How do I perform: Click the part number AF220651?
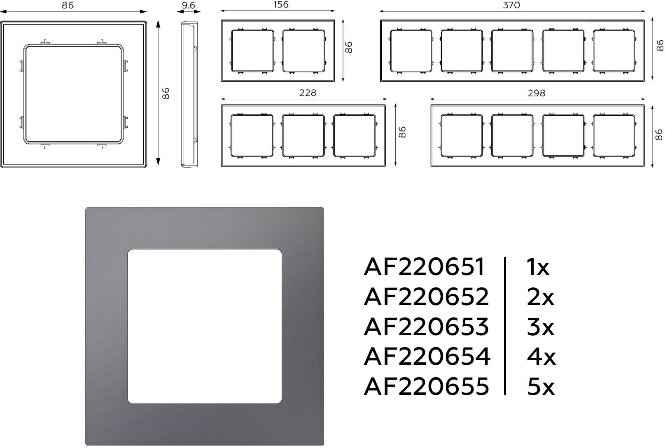(424, 266)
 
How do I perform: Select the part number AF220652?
(426, 296)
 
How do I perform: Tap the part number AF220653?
(426, 326)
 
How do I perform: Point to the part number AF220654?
(427, 356)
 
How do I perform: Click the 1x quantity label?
(538, 266)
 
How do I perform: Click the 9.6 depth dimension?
(189, 5)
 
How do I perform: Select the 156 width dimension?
(280, 5)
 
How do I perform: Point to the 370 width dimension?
(511, 5)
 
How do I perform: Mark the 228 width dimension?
(308, 93)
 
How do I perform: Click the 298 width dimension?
(537, 93)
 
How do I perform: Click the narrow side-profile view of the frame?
(189, 94)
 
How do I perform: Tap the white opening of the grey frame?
(205, 326)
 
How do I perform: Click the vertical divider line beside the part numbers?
(505, 326)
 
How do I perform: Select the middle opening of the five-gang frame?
(512, 51)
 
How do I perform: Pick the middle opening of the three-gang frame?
(303, 136)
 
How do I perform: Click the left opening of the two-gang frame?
(252, 51)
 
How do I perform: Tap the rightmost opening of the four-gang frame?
(614, 136)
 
